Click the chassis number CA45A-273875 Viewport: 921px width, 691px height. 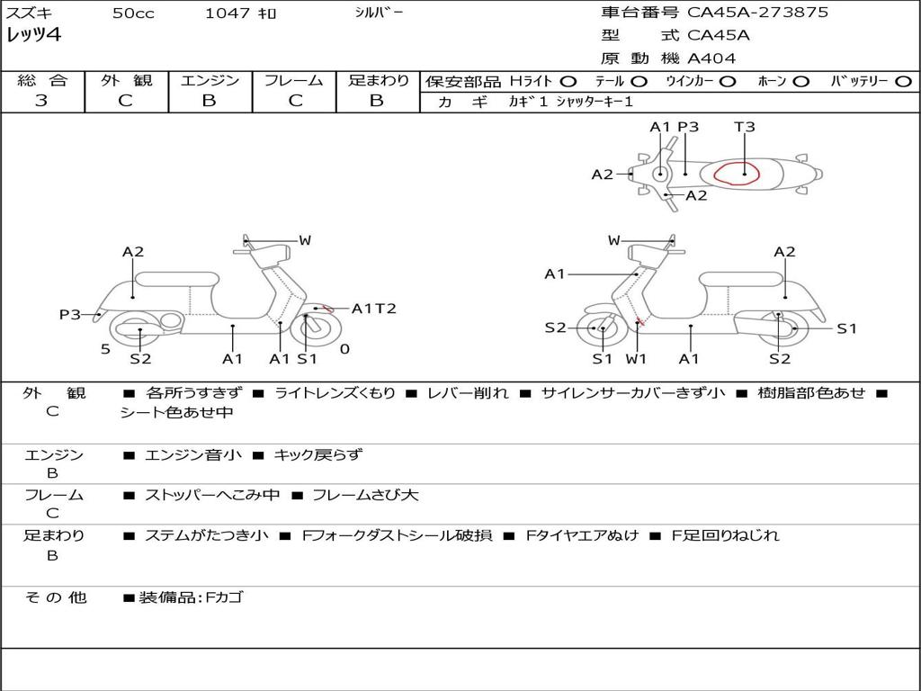tap(757, 13)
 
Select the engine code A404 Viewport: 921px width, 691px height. tap(711, 58)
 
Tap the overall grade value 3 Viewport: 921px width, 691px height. tap(41, 101)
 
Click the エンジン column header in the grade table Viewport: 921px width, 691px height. tap(210, 80)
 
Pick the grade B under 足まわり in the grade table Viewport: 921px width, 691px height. tap(377, 101)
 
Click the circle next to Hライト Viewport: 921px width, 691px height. tap(568, 81)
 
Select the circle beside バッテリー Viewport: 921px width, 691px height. tap(903, 81)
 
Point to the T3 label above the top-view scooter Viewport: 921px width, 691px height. tap(745, 127)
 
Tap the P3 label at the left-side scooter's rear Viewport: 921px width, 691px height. tap(70, 315)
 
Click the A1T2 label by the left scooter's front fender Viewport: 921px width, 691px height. tap(373, 309)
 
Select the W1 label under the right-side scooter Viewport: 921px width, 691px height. tap(637, 359)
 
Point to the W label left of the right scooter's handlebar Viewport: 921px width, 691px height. tap(614, 240)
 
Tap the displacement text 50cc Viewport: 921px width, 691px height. tap(133, 13)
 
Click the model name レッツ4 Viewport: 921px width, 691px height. tap(32, 36)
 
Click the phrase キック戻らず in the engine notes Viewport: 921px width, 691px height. tap(317, 454)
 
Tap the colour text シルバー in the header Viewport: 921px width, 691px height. tap(380, 13)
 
